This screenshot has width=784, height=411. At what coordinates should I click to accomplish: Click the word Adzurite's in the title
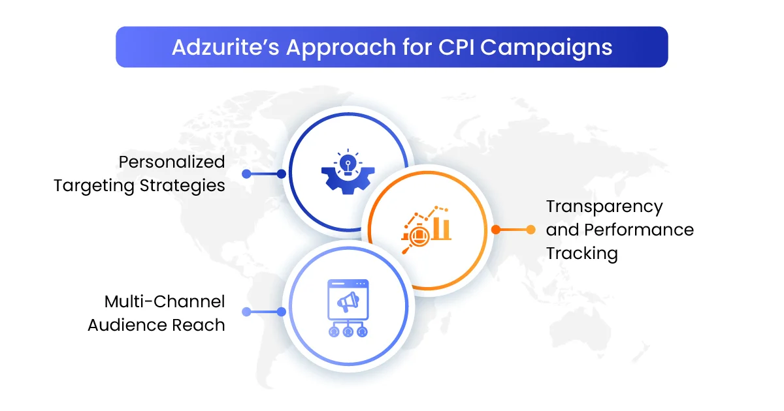point(225,47)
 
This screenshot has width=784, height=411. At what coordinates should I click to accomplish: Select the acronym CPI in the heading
point(457,47)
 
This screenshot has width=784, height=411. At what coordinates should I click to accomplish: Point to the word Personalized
point(172,162)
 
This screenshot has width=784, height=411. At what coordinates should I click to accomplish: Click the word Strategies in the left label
point(182,185)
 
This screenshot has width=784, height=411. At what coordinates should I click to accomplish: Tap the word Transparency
point(604,207)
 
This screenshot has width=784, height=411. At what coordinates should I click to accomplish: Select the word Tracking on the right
point(582,253)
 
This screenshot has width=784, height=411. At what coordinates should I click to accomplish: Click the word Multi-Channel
point(165,301)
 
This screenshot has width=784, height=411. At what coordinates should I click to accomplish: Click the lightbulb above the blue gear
point(348,163)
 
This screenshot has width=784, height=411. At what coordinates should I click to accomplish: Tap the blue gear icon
point(348,180)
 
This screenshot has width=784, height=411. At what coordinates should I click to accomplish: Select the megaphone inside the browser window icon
point(348,301)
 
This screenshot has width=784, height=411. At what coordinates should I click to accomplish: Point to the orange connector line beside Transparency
point(513,230)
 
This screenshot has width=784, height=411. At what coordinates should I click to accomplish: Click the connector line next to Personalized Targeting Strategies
point(264,174)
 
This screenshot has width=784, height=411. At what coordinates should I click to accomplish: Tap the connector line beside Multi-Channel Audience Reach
point(264,312)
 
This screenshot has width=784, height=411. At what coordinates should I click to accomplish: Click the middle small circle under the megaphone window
point(348,332)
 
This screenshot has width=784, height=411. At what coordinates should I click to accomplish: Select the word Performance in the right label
point(639,230)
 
